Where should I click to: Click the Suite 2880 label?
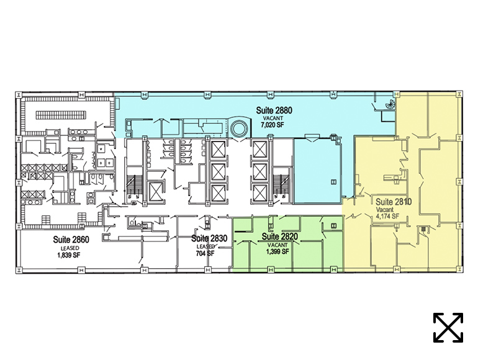coord(274,110)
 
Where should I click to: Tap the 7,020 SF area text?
coord(273,124)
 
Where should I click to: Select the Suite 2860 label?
coord(71,240)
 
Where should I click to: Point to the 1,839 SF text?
coord(68,255)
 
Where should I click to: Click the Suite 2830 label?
coord(209,238)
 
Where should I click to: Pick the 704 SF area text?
coord(205,253)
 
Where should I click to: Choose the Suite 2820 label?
coord(279,236)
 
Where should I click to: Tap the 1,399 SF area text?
coord(277,251)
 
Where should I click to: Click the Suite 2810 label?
coord(394,202)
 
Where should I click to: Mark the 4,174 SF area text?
coord(387,217)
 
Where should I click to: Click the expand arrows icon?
coord(448,327)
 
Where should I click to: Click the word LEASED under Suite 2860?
coord(70,248)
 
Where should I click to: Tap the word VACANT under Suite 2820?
coord(277,245)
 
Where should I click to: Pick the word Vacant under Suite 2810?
coord(384,210)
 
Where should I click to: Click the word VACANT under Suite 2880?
coord(273,119)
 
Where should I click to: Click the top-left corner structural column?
coord(19,94)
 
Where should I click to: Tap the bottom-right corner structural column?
coord(459,269)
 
